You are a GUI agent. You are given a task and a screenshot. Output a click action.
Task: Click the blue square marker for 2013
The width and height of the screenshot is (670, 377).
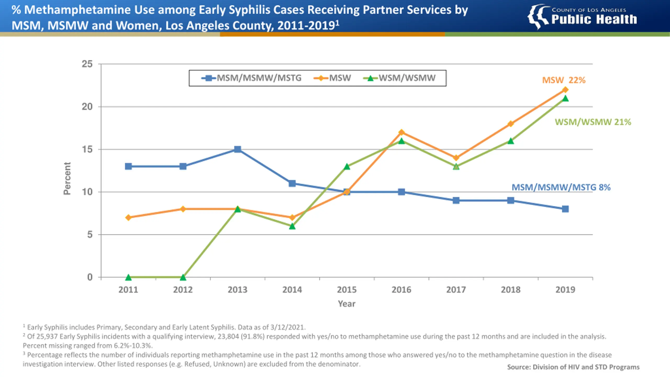pyautogui.click(x=237, y=149)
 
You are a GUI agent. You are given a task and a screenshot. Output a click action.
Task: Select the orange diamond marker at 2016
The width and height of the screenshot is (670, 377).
pyautogui.click(x=401, y=132)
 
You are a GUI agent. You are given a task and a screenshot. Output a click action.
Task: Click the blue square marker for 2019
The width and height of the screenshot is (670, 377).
pyautogui.click(x=565, y=209)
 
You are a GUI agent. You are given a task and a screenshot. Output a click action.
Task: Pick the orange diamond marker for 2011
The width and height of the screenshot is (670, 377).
pyautogui.click(x=128, y=218)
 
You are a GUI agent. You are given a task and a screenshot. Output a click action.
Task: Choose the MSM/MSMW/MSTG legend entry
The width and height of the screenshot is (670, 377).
pyautogui.click(x=251, y=78)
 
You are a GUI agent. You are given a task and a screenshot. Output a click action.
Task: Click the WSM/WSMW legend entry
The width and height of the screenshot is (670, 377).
pyautogui.click(x=399, y=78)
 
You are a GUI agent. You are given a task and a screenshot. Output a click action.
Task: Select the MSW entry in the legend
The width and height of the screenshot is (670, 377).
pyautogui.click(x=332, y=78)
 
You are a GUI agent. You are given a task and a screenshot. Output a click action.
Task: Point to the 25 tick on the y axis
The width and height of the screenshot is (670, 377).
pyautogui.click(x=87, y=64)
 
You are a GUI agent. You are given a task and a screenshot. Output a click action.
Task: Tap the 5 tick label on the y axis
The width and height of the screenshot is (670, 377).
pyautogui.click(x=90, y=235)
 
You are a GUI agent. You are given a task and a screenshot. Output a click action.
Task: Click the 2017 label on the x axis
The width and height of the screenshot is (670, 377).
pyautogui.click(x=456, y=290)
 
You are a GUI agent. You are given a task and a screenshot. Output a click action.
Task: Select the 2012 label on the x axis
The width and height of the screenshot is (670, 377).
pyautogui.click(x=183, y=290)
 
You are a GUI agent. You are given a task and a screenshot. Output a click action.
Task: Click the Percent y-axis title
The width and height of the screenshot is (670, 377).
pyautogui.click(x=67, y=179)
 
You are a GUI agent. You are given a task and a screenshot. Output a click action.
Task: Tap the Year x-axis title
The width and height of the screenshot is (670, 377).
pyautogui.click(x=347, y=304)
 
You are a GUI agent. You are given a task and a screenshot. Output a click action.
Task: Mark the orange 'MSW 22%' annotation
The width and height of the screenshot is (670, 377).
pyautogui.click(x=564, y=80)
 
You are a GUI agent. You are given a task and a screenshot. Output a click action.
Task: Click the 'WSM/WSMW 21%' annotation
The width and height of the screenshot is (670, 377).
pyautogui.click(x=593, y=122)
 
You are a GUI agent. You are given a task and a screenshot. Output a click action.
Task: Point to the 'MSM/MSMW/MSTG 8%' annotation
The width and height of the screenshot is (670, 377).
pyautogui.click(x=561, y=187)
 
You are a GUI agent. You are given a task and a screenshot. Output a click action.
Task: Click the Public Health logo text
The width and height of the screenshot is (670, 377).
pyautogui.click(x=594, y=19)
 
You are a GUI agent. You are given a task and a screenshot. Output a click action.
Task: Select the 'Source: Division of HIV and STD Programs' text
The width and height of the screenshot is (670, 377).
pyautogui.click(x=573, y=367)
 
